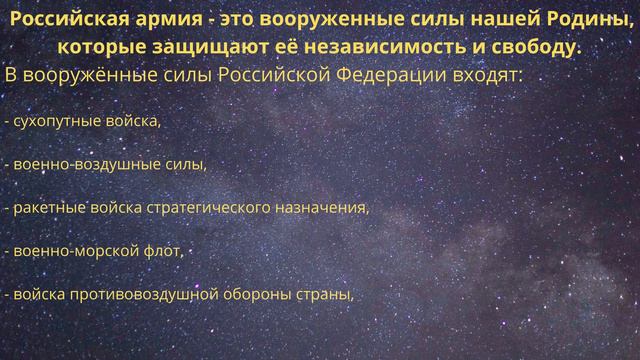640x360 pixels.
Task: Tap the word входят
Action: coord(485,76)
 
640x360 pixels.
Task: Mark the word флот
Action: coord(167,251)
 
